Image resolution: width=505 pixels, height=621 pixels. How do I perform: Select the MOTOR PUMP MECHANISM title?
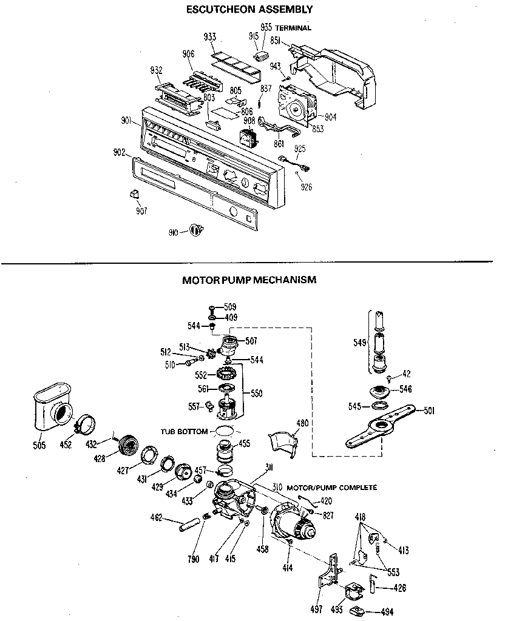pos(249,280)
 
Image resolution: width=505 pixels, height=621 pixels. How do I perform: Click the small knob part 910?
pos(195,230)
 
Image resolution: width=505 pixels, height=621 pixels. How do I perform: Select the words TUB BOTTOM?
pos(184,432)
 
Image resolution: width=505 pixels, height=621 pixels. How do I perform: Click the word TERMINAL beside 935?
pos(293,28)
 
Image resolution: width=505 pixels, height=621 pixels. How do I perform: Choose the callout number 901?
pos(126,120)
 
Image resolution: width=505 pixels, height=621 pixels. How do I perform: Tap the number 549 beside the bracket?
pos(359,343)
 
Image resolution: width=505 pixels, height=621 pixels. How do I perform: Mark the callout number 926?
pos(306,187)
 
